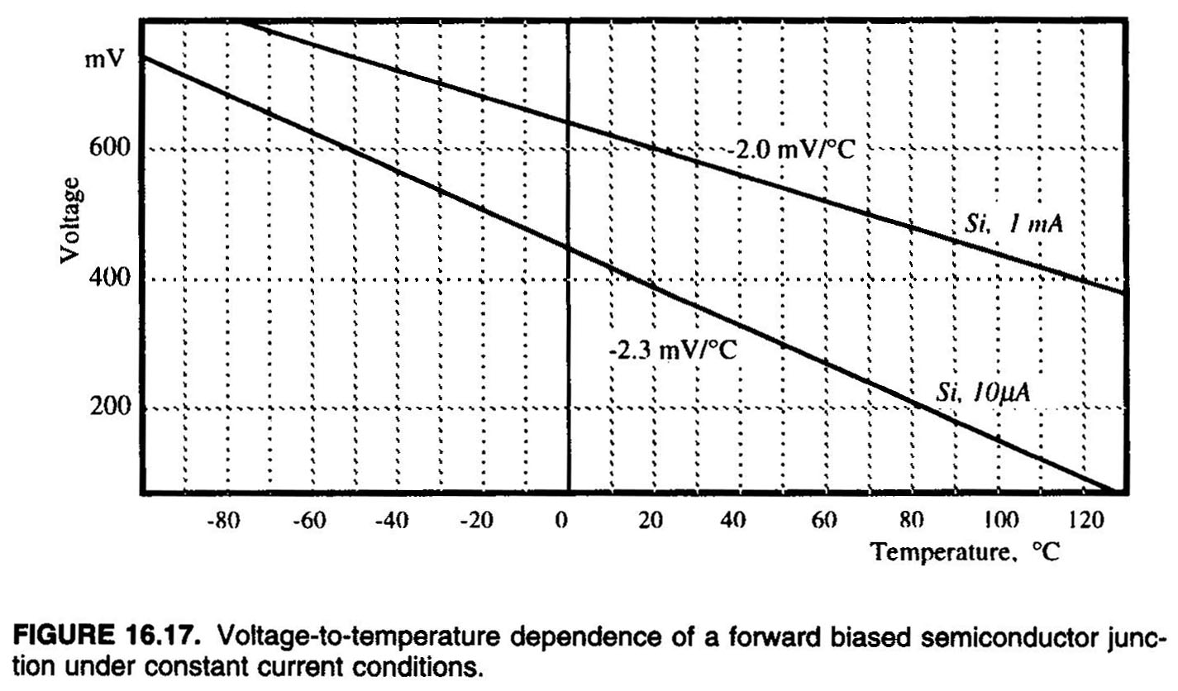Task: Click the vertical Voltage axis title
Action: [72, 218]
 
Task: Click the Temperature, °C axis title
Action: [965, 551]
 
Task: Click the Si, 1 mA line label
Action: [1013, 223]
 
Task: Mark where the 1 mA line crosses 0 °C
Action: [569, 122]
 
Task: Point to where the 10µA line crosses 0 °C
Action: [569, 247]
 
